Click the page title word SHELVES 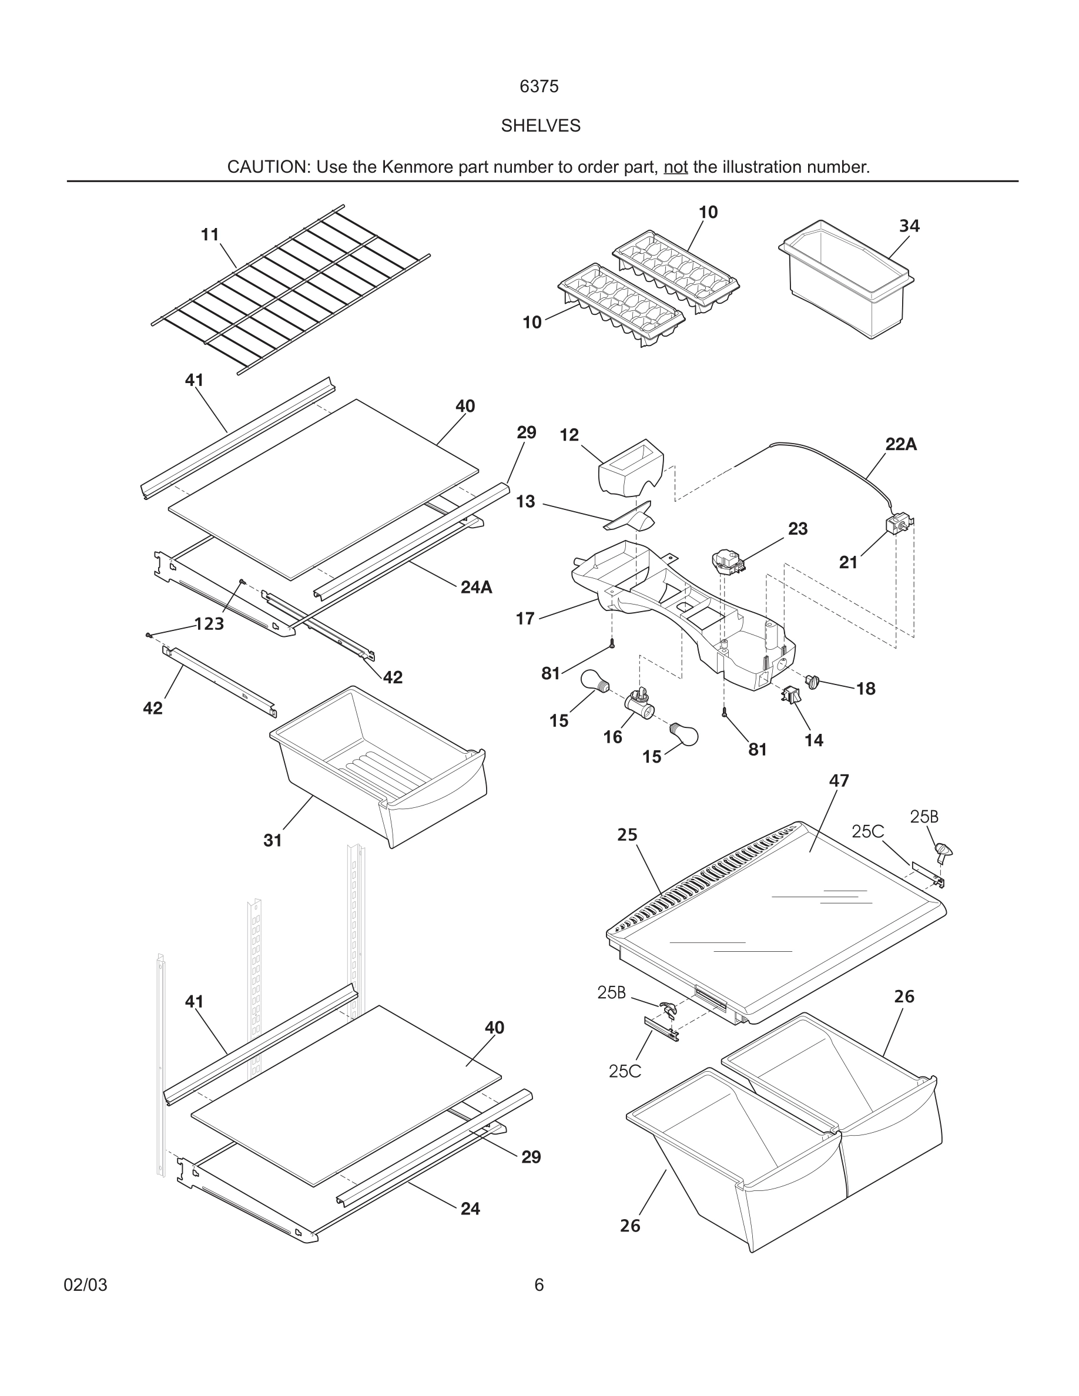coord(540,126)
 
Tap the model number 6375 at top coord(539,86)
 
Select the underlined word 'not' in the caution coord(675,167)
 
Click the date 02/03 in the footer coord(85,1285)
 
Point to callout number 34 coord(909,226)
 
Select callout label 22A coord(901,444)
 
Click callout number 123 coord(209,624)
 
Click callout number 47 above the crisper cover coord(839,780)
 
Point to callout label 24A coord(476,588)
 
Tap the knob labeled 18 coord(813,682)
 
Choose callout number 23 coord(797,529)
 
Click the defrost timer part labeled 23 coord(728,562)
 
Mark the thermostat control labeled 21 coord(897,525)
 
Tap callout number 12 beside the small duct coord(568,435)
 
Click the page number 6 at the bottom coord(539,1285)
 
